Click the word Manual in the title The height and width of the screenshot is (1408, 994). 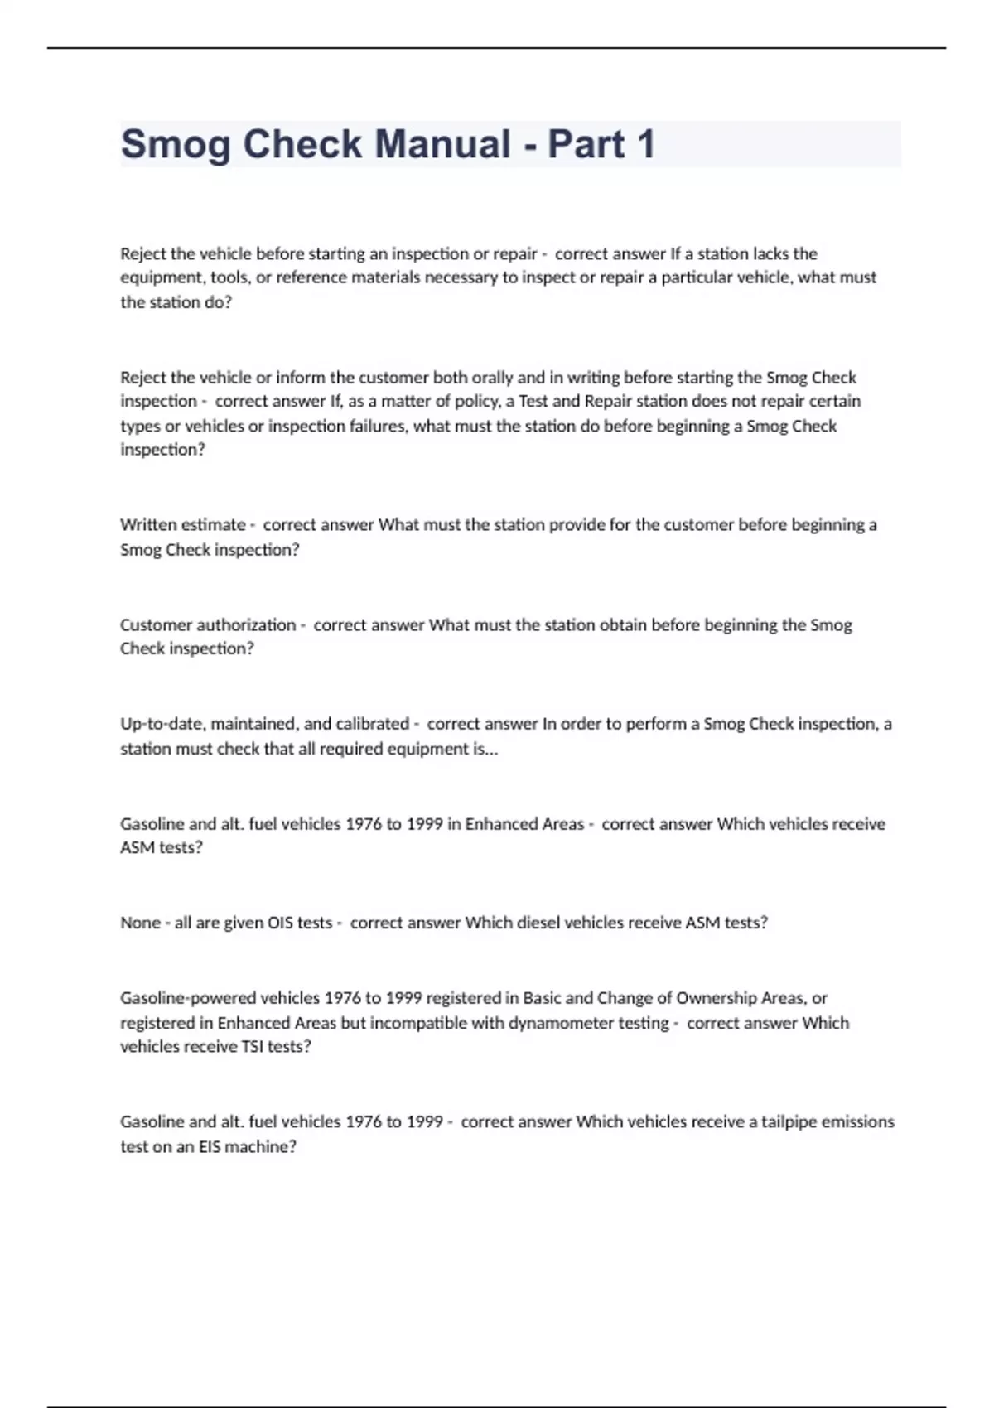click(443, 144)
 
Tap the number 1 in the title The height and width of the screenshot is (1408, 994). click(645, 144)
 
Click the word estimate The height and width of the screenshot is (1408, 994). click(213, 525)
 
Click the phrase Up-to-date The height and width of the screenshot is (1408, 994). click(162, 725)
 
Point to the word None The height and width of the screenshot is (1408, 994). click(140, 923)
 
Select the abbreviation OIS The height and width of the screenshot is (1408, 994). click(281, 923)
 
